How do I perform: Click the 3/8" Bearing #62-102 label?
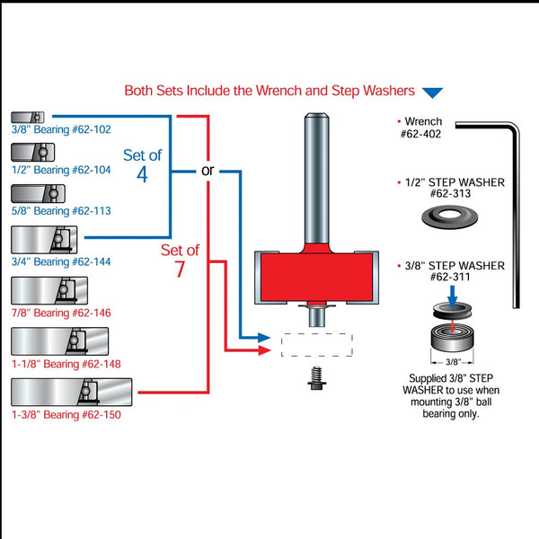click(x=61, y=129)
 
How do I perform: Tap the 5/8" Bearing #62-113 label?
click(x=61, y=211)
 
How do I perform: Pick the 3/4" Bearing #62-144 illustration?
click(x=45, y=240)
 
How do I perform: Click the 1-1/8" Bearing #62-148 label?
click(x=66, y=364)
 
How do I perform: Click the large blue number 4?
click(x=142, y=174)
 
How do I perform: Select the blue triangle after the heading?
click(x=433, y=92)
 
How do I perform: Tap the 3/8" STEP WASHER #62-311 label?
click(x=449, y=271)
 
